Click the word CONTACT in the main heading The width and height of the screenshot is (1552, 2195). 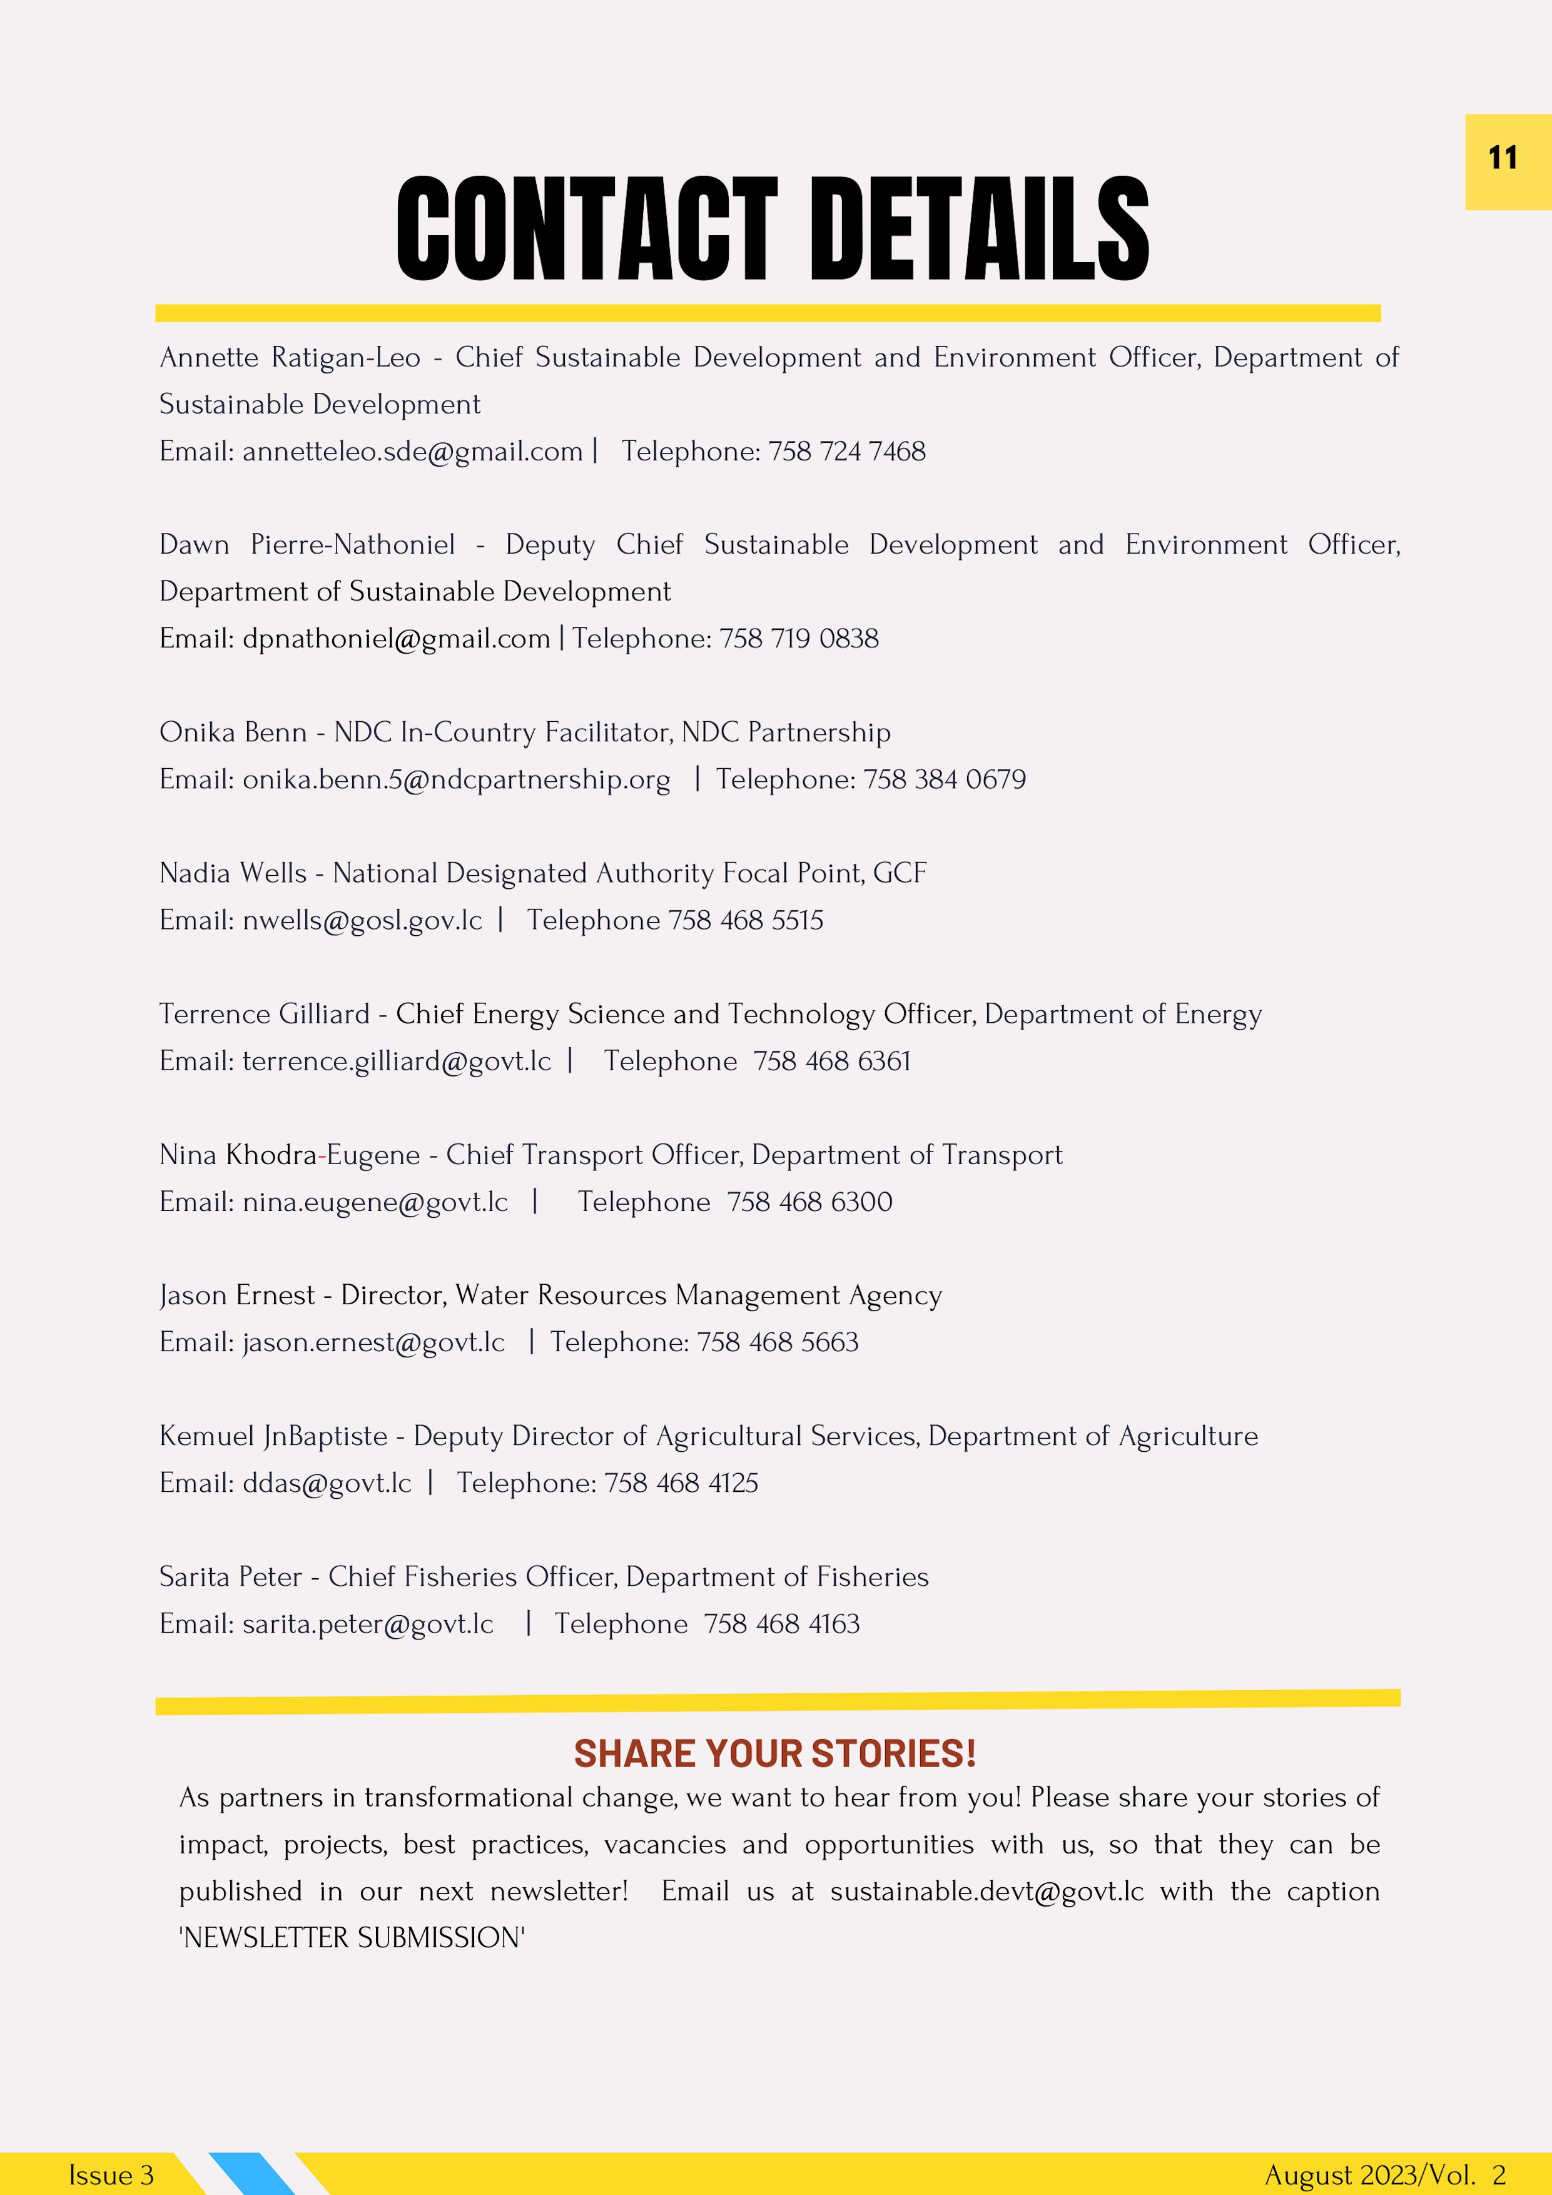tap(586, 230)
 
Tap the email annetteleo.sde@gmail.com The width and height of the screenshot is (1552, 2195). tap(412, 451)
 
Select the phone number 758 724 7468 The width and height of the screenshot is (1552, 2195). tap(846, 451)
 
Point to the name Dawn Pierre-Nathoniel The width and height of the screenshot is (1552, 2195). tap(307, 545)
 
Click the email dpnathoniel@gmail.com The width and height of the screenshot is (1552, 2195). tap(396, 639)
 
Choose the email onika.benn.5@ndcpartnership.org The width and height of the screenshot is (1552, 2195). tap(456, 779)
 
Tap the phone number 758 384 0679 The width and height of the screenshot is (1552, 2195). tap(944, 779)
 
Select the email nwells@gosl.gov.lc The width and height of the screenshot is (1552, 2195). tap(362, 920)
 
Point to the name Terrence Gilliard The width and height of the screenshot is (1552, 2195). tap(264, 1013)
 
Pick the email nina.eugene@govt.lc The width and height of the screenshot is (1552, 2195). tap(375, 1202)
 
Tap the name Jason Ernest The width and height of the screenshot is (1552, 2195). tap(236, 1295)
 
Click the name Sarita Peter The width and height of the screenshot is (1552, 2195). tap(230, 1576)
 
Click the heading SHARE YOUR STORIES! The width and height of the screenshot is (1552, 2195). tap(774, 1753)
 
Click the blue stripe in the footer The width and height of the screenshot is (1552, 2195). tap(251, 2173)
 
